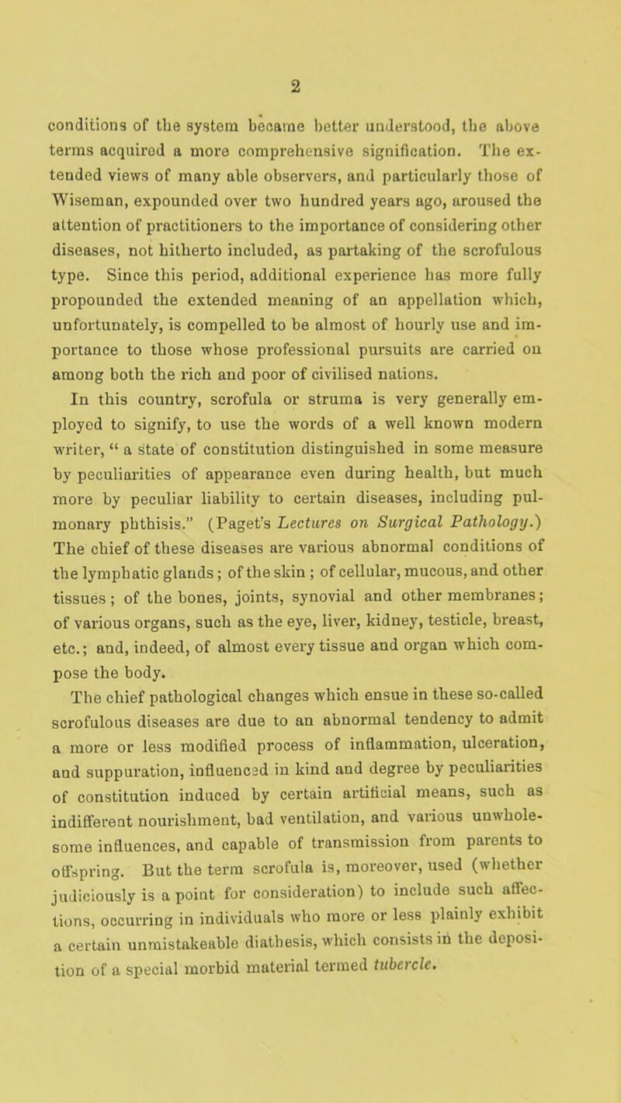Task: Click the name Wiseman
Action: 78,162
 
